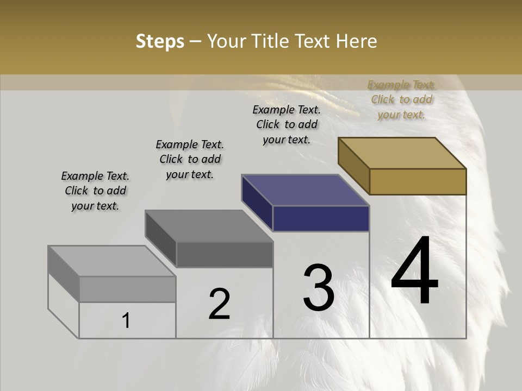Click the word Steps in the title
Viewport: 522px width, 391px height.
(160, 41)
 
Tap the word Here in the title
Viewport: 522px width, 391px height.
(357, 41)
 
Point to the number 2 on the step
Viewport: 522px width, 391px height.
(220, 304)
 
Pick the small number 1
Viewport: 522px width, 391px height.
(126, 321)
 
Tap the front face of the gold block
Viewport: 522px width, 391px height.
(418, 181)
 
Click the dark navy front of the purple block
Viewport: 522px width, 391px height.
(321, 219)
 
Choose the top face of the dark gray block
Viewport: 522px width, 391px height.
(209, 226)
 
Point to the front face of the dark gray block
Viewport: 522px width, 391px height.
(225, 255)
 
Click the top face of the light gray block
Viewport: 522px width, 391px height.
(112, 261)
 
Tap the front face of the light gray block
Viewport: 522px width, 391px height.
(128, 289)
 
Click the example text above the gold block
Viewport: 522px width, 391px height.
(401, 100)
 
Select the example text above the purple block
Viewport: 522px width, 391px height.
(287, 124)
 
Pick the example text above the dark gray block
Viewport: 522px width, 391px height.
(190, 159)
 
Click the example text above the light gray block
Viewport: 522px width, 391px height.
(95, 191)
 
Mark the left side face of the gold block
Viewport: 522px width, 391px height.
(353, 166)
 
